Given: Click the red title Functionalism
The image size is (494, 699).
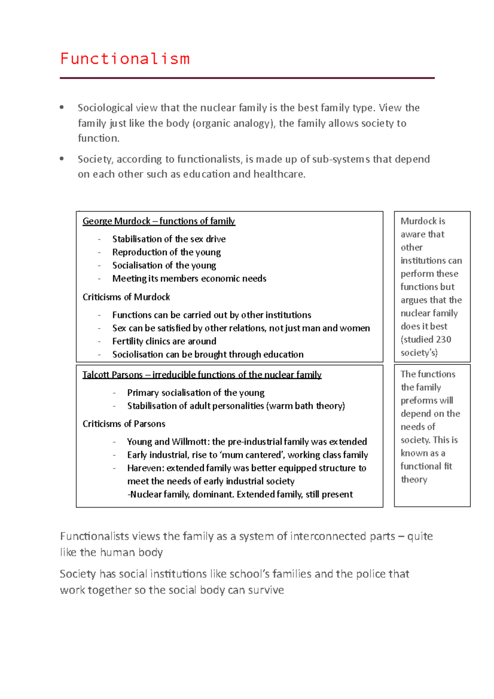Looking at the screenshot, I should [x=125, y=59].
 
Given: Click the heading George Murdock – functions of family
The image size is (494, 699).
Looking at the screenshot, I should [x=158, y=221].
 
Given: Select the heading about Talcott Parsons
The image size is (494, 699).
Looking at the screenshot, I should [x=202, y=375].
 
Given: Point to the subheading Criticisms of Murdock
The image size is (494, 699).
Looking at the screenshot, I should [x=126, y=297].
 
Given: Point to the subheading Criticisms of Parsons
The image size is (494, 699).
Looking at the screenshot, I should [x=123, y=424].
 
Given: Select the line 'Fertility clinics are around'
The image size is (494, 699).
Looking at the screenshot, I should [x=164, y=341].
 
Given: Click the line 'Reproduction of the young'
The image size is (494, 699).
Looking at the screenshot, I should [x=166, y=252].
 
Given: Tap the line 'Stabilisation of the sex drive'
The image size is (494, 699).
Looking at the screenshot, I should [x=169, y=239].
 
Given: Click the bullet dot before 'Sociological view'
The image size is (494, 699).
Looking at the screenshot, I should [x=62, y=107].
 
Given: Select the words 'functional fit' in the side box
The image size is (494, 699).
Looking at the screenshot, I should [x=426, y=466].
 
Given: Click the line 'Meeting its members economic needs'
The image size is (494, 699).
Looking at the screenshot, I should [x=189, y=279].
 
